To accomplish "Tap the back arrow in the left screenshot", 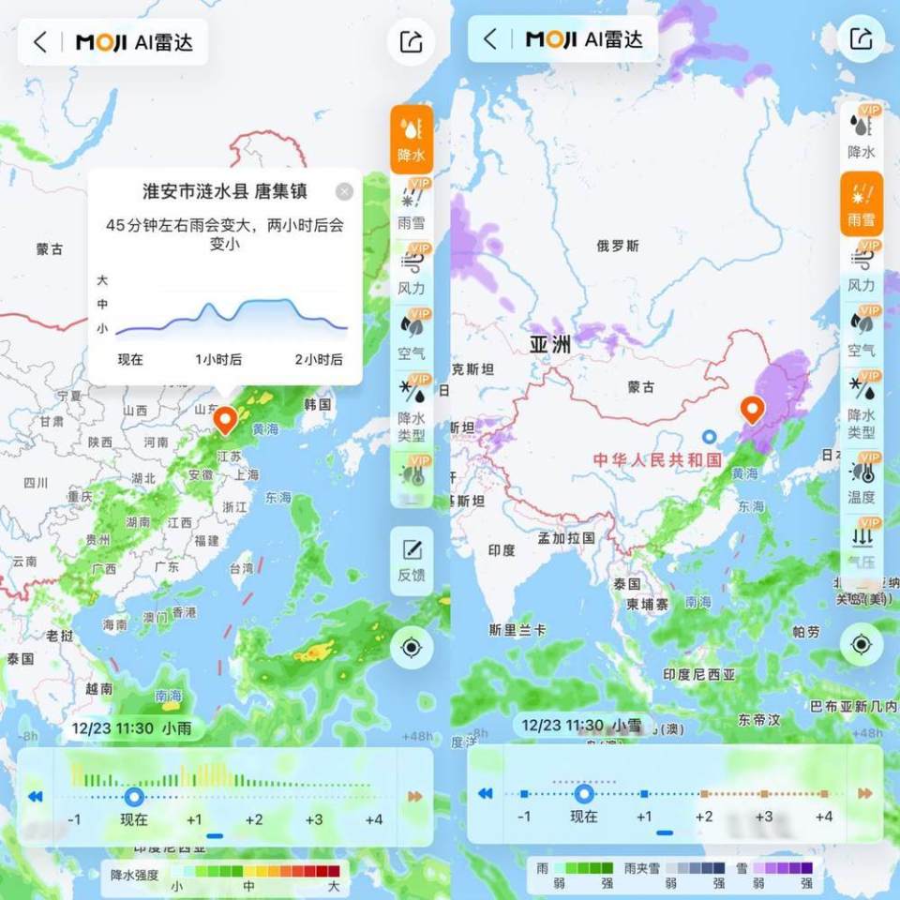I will coord(39,42).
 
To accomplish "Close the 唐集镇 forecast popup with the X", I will coord(344,191).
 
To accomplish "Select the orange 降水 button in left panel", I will coord(412,138).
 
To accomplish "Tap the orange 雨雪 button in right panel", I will coord(861,203).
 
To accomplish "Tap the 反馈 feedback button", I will coord(412,560).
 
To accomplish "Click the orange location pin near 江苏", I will coord(225,419).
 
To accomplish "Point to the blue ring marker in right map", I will coord(710,436).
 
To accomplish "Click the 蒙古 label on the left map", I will coord(50,249).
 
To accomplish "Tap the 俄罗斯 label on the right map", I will coord(618,246).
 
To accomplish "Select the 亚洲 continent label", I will coord(550,344).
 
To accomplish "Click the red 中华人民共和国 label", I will coord(657,459).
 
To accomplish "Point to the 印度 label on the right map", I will coord(502,550).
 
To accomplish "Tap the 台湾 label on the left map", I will coord(241,568).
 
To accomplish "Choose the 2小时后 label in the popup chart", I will coord(319,359).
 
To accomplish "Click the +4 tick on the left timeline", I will coord(373,819).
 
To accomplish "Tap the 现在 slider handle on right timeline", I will coord(584,794).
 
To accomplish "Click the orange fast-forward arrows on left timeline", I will coord(414,796).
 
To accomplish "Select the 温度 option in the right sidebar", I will coord(861,483).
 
